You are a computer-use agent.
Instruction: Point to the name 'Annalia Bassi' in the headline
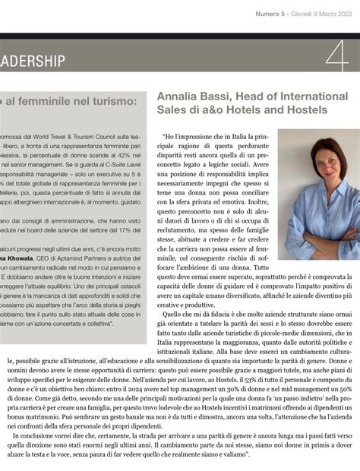[191, 96]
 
